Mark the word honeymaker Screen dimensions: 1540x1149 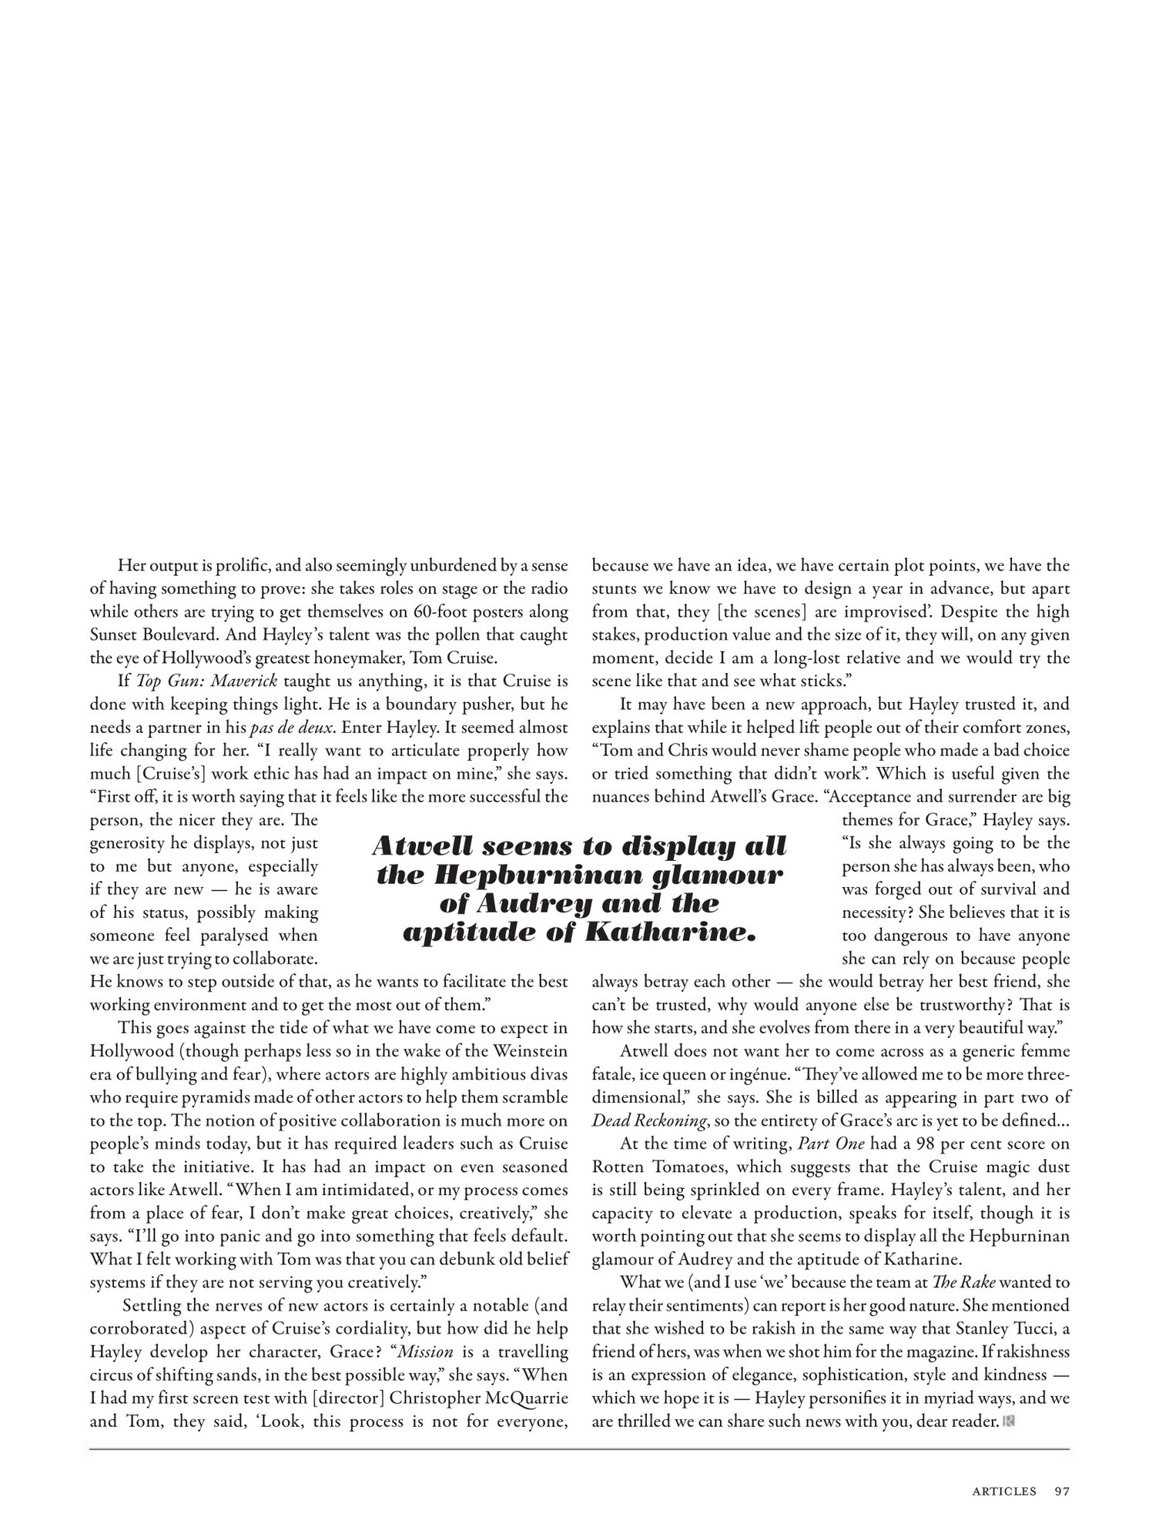click(356, 658)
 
